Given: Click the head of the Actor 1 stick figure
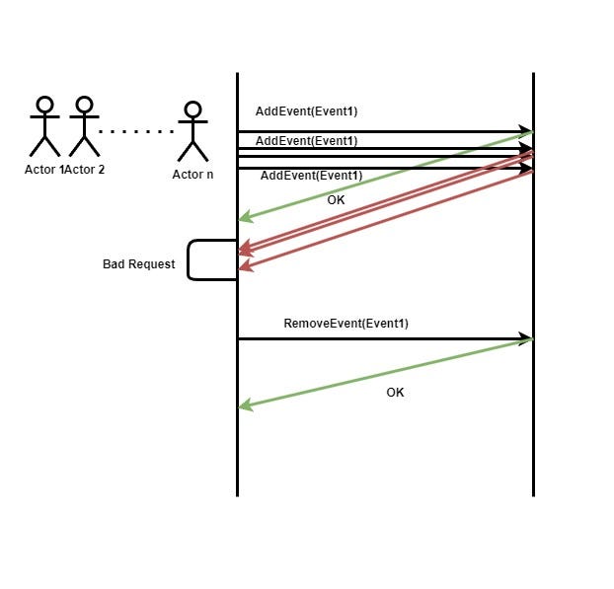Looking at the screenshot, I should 44,105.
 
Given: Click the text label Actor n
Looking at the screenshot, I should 192,175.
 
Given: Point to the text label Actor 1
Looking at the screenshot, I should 43,169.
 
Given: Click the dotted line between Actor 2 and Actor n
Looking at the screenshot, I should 137,130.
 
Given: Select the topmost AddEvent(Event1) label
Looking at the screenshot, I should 306,110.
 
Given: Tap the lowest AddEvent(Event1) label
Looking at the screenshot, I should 311,176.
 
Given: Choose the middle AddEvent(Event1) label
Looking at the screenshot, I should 306,141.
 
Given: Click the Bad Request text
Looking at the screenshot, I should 139,264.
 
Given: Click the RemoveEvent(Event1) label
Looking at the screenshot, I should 345,324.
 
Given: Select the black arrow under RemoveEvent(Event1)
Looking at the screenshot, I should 385,339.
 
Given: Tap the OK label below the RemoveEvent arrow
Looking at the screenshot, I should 395,393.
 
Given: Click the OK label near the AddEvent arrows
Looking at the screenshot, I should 337,199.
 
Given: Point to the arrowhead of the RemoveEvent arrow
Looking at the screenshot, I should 526,339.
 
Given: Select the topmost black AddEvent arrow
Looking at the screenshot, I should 385,130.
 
